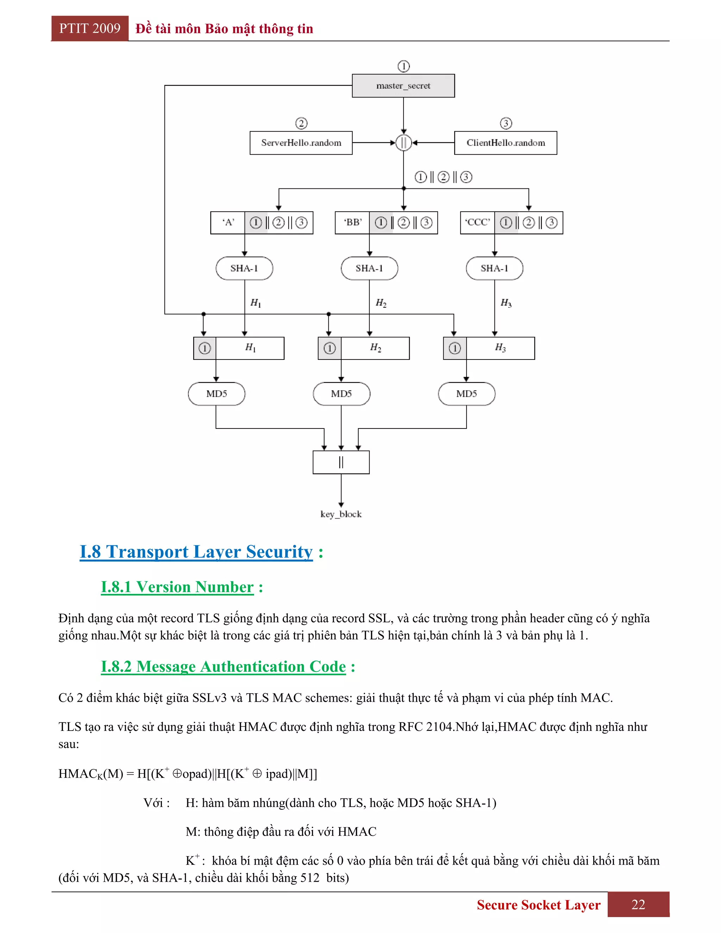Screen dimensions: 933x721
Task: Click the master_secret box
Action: [x=403, y=86]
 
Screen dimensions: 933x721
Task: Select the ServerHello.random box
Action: [x=301, y=143]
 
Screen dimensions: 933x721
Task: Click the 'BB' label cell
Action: [x=352, y=223]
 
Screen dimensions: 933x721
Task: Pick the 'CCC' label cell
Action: [x=477, y=223]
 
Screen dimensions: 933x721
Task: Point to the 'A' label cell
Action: [x=228, y=223]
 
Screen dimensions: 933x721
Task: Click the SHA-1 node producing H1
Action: [x=244, y=268]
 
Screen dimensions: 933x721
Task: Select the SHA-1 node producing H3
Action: [x=494, y=268]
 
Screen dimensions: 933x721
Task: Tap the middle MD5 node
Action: [x=341, y=394]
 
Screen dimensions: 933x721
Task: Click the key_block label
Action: [x=341, y=514]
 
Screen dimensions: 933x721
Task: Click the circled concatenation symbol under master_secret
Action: [x=403, y=143]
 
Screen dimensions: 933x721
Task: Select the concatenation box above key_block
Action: [x=341, y=462]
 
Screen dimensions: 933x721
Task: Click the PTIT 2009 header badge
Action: [x=90, y=29]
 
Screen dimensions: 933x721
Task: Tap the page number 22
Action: [x=638, y=904]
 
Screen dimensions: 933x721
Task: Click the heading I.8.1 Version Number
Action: [x=177, y=587]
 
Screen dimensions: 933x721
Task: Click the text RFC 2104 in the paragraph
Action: [x=425, y=727]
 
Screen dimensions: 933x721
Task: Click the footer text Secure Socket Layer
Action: [x=538, y=905]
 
